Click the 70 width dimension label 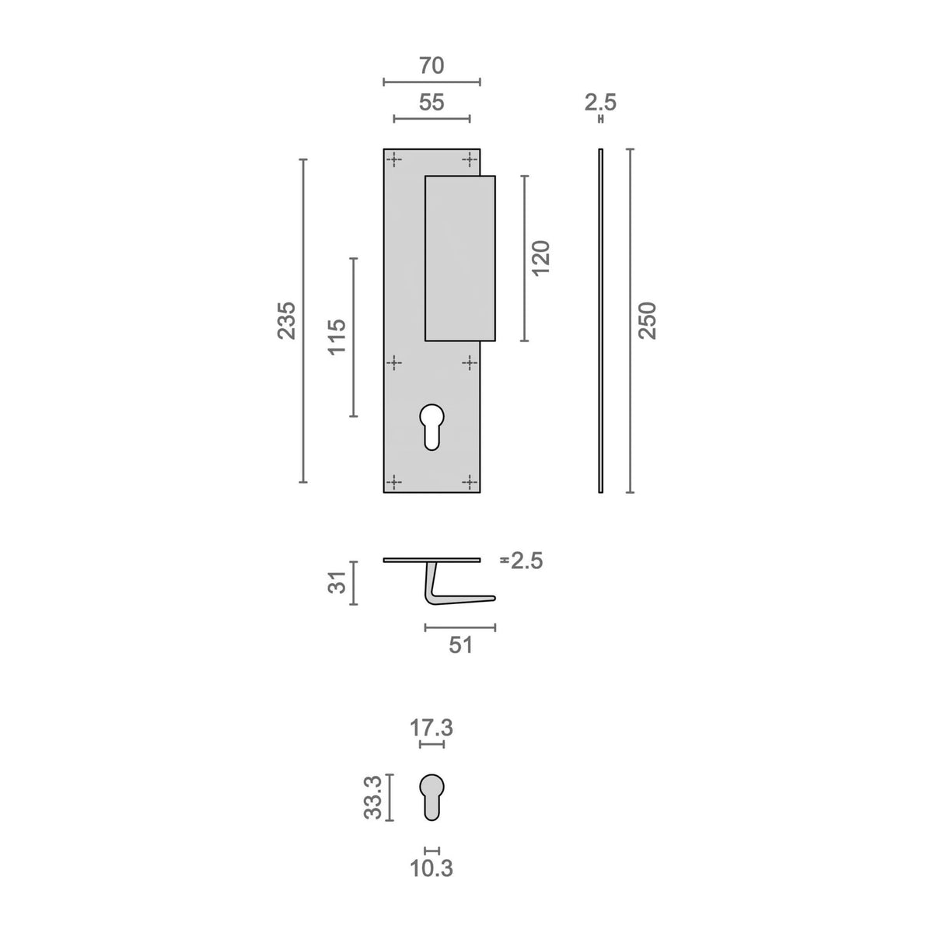[x=432, y=66]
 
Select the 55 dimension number [x=432, y=103]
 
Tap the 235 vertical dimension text [x=287, y=320]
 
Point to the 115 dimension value [x=337, y=337]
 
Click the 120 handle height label [x=541, y=258]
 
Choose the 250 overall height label [x=648, y=320]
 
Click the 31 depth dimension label [x=338, y=582]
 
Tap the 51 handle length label [x=460, y=645]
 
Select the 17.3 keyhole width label [x=432, y=728]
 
